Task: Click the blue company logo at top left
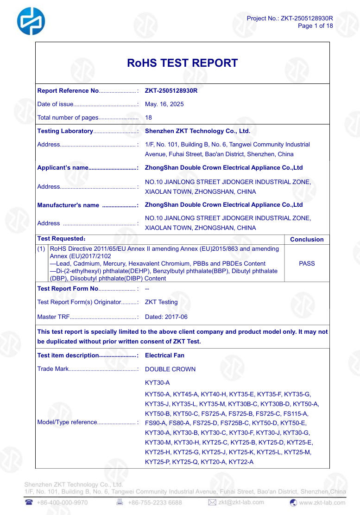[x=31, y=21]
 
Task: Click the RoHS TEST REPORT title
[x=182, y=63]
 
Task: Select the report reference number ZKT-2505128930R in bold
[x=171, y=91]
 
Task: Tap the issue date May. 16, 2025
[x=164, y=104]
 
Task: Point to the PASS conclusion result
[x=307, y=263]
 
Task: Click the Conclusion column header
[x=307, y=240]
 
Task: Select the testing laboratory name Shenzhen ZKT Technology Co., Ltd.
[x=197, y=131]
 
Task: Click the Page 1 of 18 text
[x=315, y=26]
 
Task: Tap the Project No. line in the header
[x=290, y=19]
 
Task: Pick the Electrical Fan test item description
[x=164, y=356]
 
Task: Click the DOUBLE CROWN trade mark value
[x=170, y=369]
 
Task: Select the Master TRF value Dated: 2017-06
[x=166, y=317]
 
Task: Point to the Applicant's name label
[x=63, y=168]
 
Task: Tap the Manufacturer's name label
[x=68, y=205]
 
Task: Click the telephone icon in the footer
[x=29, y=502]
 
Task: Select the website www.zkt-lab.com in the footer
[x=322, y=502]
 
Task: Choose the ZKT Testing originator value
[x=161, y=302]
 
